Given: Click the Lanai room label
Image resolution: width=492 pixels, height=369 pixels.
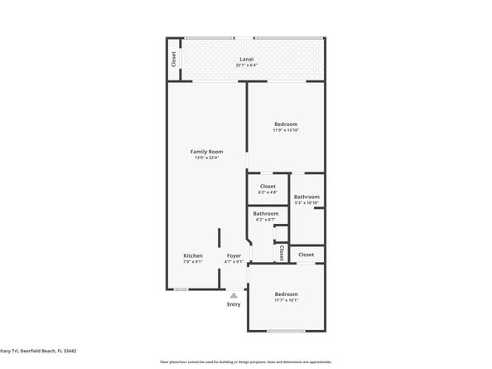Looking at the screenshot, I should (247, 59).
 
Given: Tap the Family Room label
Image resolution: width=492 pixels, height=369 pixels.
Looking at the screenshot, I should (207, 152).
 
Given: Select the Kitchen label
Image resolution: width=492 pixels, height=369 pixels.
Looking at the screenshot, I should (193, 255).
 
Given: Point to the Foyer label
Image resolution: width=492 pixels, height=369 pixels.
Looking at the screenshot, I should (234, 255).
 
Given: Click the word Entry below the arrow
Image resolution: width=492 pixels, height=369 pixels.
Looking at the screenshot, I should (234, 304).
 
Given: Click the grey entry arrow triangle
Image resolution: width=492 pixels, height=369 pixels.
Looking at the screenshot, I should (234, 294).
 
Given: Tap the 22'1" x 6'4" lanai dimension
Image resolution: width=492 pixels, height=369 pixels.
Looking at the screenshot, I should (247, 66).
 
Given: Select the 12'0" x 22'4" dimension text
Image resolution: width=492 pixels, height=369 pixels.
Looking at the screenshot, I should (207, 158).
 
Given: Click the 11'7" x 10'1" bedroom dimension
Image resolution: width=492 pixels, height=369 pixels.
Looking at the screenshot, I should (286, 300).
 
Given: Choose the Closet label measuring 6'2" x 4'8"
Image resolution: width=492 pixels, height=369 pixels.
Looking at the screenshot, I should (268, 187).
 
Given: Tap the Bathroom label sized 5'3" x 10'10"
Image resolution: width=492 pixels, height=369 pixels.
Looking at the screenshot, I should (306, 197).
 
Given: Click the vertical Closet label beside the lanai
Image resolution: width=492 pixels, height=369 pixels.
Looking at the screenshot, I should (174, 59).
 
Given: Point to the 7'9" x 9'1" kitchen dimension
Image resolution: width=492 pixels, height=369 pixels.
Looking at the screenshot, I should (193, 262).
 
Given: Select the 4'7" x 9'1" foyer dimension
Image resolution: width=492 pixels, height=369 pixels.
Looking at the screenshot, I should (234, 262).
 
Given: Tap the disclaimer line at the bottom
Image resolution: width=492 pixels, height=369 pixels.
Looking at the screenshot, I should (246, 362).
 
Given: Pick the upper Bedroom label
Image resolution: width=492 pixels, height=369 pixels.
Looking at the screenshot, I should (286, 124).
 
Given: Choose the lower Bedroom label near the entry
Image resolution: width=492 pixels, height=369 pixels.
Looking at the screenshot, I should (286, 294).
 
